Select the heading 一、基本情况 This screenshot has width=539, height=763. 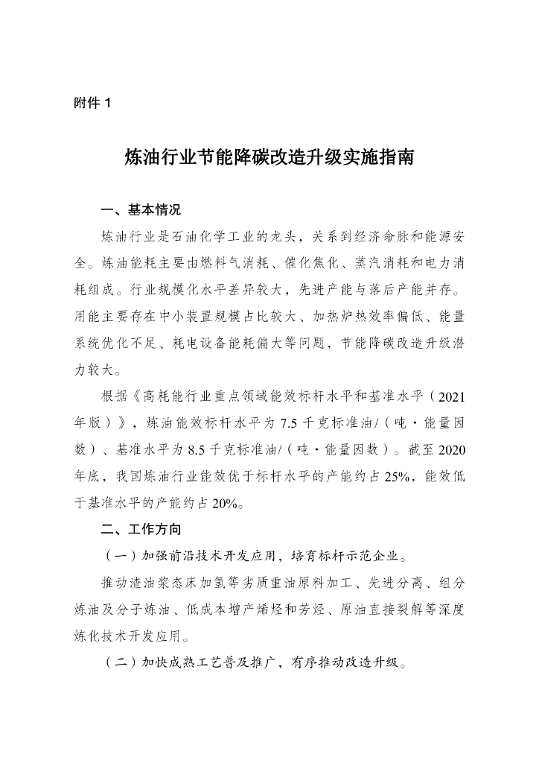click(141, 209)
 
